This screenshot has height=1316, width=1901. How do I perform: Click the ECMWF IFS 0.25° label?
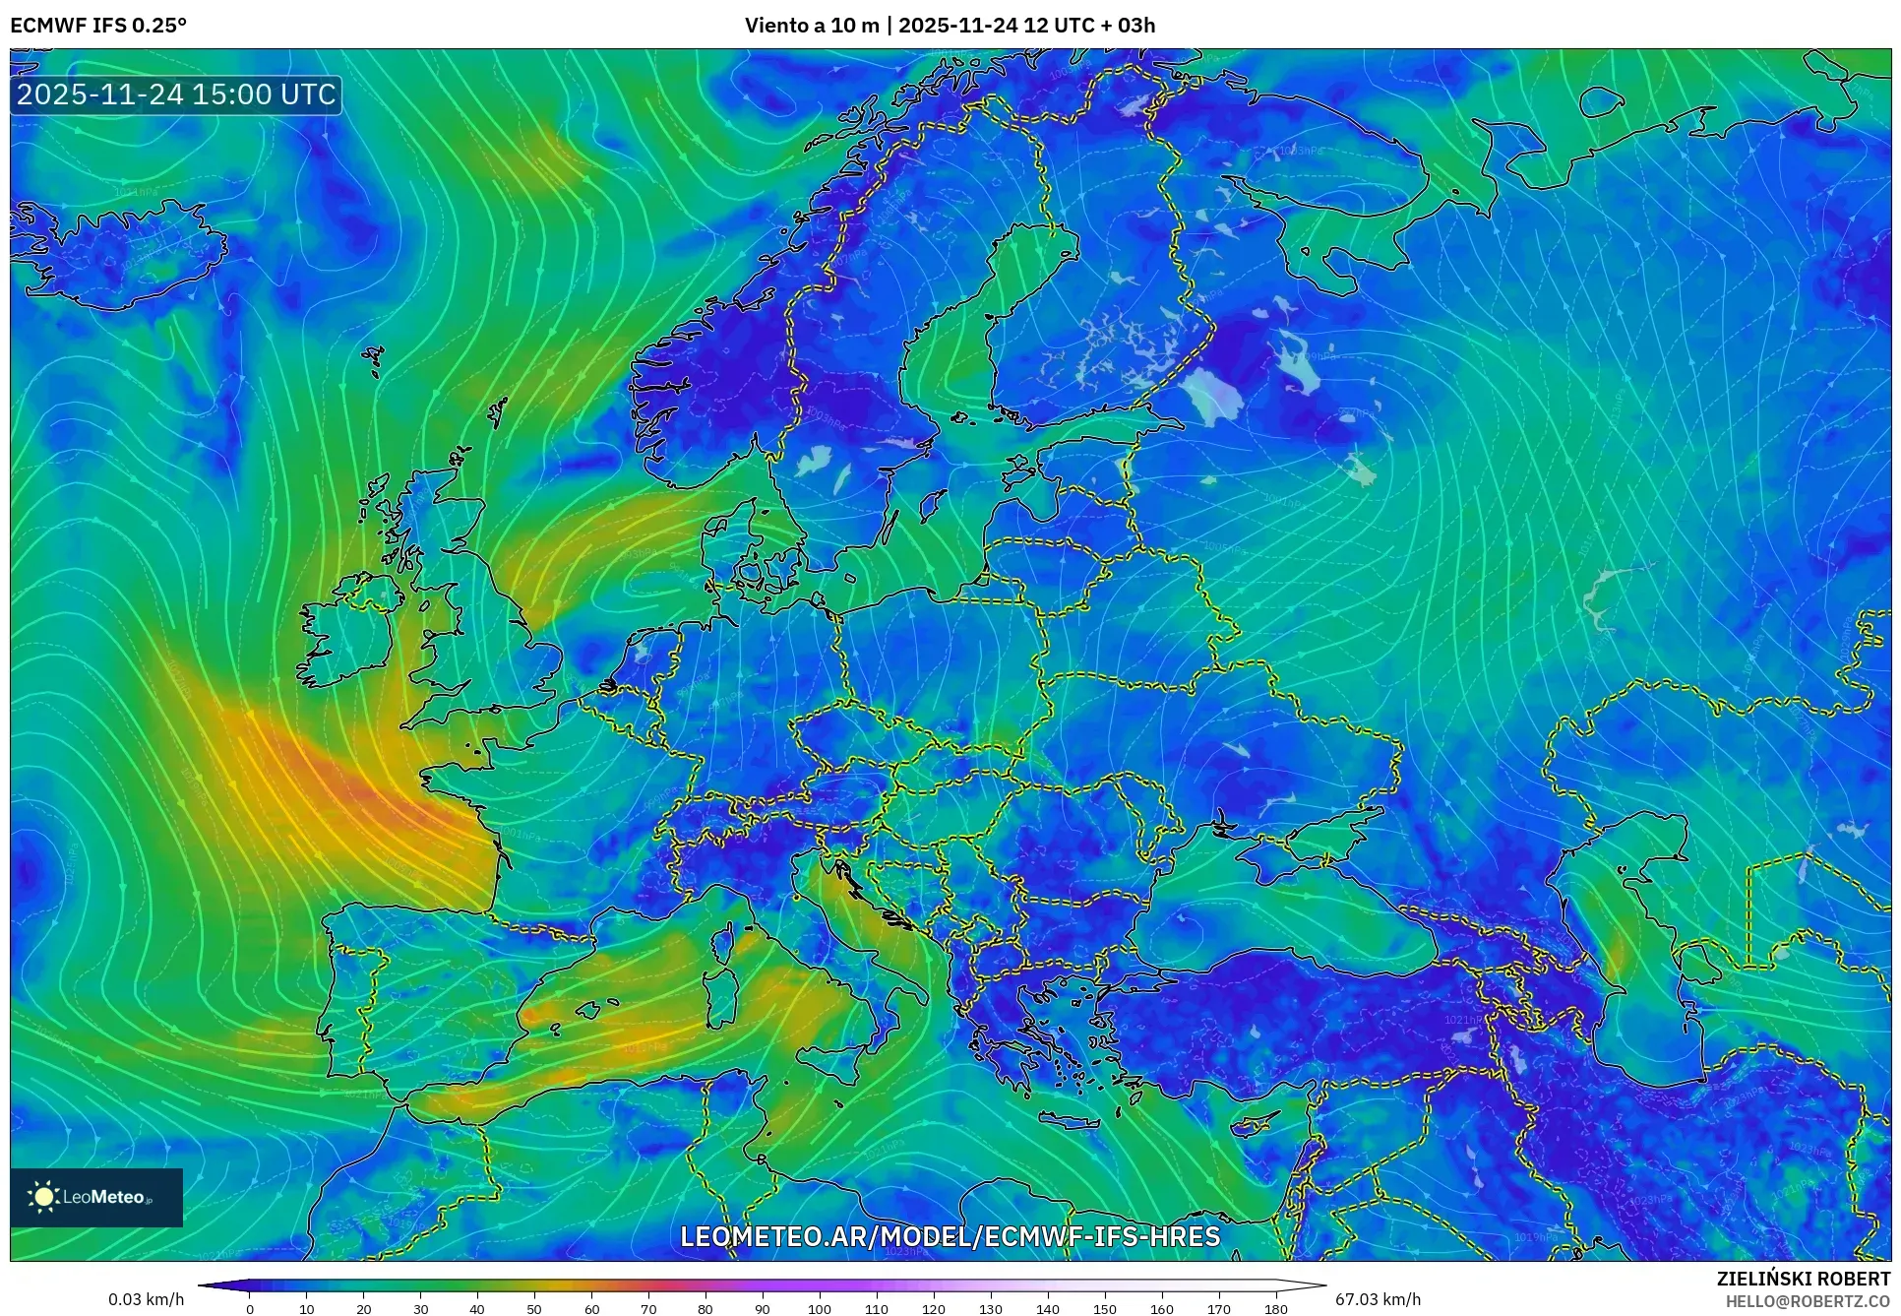[98, 26]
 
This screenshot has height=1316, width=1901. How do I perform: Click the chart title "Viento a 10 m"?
[811, 26]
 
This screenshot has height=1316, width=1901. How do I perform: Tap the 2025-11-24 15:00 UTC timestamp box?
[176, 95]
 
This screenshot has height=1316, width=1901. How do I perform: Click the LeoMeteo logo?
[96, 1197]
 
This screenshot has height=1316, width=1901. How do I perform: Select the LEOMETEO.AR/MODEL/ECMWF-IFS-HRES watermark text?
[950, 1236]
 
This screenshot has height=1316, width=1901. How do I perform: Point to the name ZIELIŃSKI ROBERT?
[1803, 1279]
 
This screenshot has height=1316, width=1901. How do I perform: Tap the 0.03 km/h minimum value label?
[146, 1299]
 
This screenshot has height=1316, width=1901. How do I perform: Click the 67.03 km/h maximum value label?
[1378, 1299]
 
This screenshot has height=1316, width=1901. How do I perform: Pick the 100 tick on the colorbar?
[820, 1309]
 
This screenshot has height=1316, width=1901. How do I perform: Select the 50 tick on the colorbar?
[534, 1309]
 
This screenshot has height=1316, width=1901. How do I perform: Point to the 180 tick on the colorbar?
[1275, 1309]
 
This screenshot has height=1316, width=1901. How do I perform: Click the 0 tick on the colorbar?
[250, 1309]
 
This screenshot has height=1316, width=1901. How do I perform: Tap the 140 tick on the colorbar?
[1048, 1309]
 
